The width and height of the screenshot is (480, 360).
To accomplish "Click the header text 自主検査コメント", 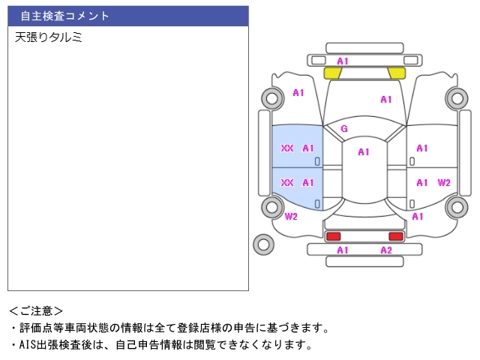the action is point(64,16).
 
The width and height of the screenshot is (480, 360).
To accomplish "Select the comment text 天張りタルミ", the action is point(48,37).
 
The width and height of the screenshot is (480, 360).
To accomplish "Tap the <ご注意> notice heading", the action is point(36,311).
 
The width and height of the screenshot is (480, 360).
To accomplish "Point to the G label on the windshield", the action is point(344,129).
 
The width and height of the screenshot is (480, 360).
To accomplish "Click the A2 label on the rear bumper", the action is point(386,250).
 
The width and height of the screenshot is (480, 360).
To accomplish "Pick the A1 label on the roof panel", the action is point(364,152).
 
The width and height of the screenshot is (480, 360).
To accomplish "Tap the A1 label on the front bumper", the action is point(343,61).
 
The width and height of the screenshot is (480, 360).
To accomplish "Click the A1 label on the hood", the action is point(386,100).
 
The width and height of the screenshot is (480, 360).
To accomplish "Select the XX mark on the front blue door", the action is point(287,148).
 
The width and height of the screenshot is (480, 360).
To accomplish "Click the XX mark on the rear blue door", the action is point(287,183).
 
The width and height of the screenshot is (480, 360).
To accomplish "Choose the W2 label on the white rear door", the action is point(444,183).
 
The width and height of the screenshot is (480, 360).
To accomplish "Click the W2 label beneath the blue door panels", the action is point(291,217).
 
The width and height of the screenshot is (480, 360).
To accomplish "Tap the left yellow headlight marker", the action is point(333,73).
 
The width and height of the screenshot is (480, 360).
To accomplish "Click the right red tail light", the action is point(396,236).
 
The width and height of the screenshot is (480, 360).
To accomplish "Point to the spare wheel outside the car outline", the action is point(263,244).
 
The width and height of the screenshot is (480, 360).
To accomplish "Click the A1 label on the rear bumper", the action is point(343,250).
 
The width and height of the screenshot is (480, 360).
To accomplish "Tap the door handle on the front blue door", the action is point(317,162).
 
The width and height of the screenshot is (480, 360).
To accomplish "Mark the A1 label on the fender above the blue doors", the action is point(298,93).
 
